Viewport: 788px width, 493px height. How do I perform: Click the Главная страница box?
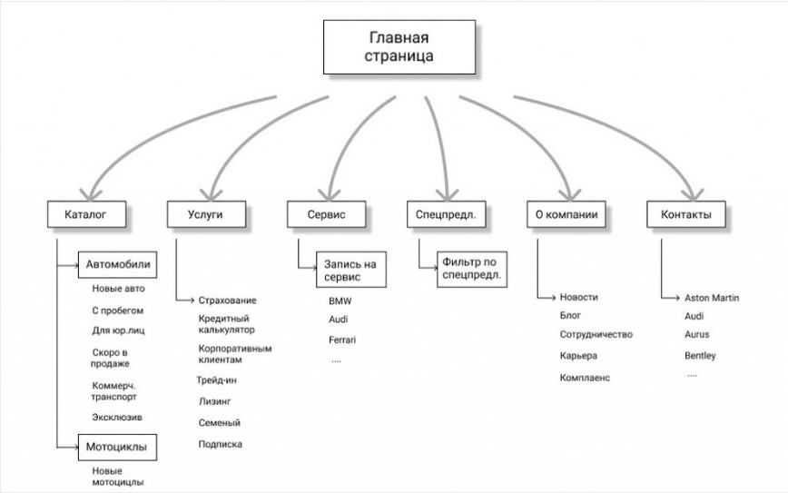399,47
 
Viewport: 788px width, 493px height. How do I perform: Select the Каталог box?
86,214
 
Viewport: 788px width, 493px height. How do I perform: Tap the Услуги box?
206,214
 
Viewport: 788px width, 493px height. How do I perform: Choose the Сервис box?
326,214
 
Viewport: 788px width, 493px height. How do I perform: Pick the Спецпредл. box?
447,214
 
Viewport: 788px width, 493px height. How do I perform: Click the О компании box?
566,214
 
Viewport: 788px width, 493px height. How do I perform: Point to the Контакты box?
686,214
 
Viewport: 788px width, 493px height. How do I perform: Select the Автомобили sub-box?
117,265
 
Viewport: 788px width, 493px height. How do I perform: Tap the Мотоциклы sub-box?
117,448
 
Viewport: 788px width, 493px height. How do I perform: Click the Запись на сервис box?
351,270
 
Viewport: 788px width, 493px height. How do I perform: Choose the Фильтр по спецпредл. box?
472,270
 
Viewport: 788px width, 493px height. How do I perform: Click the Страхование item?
227,301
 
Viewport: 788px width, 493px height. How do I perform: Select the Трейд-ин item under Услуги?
217,380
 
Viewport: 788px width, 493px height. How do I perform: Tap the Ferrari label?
342,340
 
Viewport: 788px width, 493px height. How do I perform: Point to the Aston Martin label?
712,298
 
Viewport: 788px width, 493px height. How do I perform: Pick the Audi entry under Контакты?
694,316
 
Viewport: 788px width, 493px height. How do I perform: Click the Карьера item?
578,356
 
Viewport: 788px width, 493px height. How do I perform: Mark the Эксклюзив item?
117,417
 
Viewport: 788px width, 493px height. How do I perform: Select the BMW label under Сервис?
340,301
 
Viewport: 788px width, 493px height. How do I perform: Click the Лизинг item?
215,401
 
